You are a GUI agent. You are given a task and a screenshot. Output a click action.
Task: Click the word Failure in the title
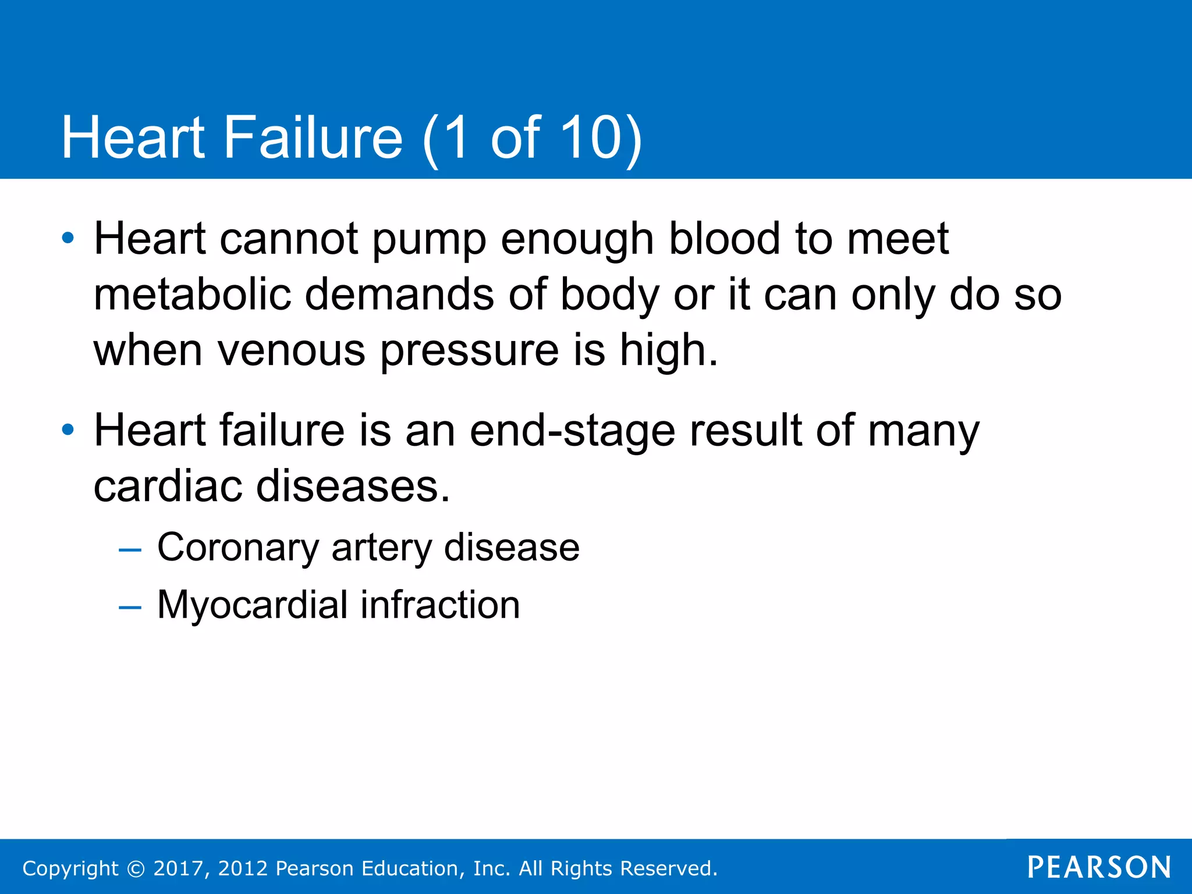tap(313, 137)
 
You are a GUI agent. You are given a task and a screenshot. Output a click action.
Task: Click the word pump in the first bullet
tap(429, 240)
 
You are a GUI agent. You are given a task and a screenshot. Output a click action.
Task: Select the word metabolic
tap(192, 295)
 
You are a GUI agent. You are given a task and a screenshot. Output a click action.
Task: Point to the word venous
tap(291, 350)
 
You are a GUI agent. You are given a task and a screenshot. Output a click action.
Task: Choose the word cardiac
tap(168, 487)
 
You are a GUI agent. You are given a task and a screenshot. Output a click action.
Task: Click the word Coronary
tap(238, 548)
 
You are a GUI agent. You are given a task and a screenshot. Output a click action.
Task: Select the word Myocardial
tap(252, 605)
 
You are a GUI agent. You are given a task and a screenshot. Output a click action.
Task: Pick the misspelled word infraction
tap(440, 605)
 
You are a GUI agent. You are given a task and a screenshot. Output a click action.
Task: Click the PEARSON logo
tap(1099, 867)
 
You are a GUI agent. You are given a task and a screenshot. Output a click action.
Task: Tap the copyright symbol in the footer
tap(136, 868)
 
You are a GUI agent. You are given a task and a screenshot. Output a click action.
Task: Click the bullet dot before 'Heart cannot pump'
tap(68, 238)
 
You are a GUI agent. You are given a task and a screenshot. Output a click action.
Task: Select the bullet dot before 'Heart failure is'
tap(68, 430)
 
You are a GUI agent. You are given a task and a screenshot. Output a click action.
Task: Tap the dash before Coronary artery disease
tap(130, 549)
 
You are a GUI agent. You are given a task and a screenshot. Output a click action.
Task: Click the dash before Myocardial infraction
tap(130, 607)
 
